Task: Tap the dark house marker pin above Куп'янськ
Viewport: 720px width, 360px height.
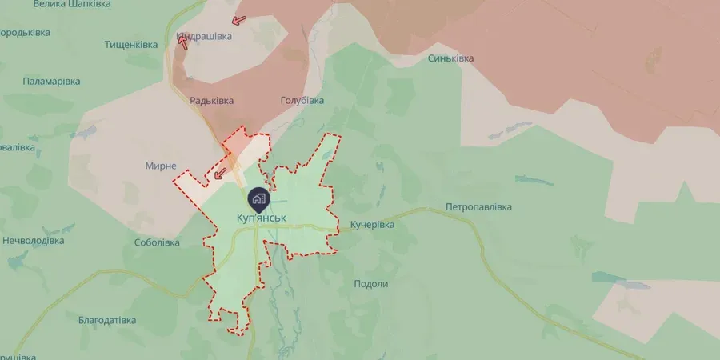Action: (258, 198)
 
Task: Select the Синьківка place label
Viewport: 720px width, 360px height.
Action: (450, 58)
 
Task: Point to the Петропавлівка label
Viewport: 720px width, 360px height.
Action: (478, 208)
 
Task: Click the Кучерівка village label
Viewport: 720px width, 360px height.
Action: (372, 226)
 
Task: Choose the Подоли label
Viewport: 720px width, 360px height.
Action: (370, 284)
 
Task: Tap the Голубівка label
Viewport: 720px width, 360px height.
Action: (302, 101)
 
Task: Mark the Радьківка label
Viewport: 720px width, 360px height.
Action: (211, 101)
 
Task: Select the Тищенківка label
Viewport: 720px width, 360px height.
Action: (132, 45)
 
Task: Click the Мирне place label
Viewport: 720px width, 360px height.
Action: (161, 166)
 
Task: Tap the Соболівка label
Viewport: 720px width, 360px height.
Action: (158, 242)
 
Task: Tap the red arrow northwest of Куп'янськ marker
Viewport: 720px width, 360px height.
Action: (220, 172)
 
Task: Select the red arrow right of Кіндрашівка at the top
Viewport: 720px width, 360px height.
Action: (238, 22)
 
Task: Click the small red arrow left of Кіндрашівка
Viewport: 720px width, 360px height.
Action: (183, 42)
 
